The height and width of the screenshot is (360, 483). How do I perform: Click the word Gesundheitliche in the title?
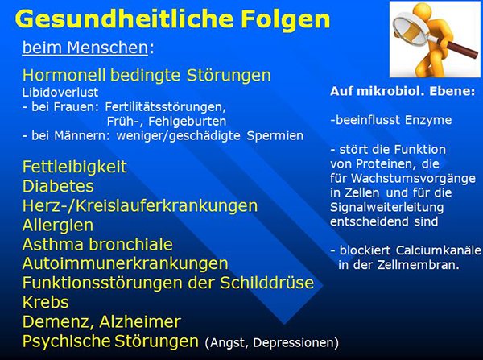tap(124, 19)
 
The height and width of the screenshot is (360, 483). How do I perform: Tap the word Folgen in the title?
tap(285, 20)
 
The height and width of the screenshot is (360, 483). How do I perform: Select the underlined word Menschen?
tap(108, 48)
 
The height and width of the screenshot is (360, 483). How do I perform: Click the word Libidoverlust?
tap(60, 92)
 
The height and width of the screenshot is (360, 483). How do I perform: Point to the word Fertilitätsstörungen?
tap(166, 107)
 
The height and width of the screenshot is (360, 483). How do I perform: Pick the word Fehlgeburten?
tap(188, 121)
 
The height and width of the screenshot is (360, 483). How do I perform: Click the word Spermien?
tap(275, 136)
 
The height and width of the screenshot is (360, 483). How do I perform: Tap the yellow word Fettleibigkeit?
tap(75, 167)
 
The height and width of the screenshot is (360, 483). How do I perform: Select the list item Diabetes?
tap(58, 186)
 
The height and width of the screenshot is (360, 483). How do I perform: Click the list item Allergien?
tap(58, 225)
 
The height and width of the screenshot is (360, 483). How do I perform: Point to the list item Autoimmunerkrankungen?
tap(125, 263)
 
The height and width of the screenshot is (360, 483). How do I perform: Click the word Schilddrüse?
tap(266, 283)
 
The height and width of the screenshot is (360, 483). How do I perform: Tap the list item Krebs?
tap(45, 302)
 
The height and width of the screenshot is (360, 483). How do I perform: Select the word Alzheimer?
tap(140, 322)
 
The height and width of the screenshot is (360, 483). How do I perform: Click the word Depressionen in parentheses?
tap(295, 343)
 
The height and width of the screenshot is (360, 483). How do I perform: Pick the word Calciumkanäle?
tap(438, 250)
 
